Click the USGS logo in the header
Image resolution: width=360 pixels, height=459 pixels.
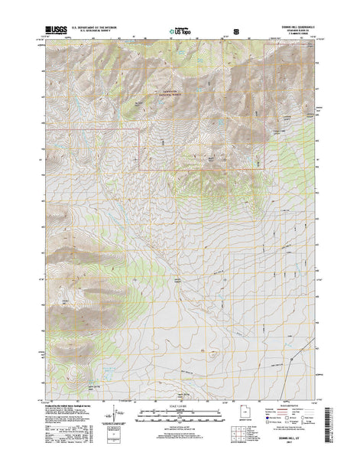coord(55,30)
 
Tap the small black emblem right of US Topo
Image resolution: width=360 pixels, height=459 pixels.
coord(235,31)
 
